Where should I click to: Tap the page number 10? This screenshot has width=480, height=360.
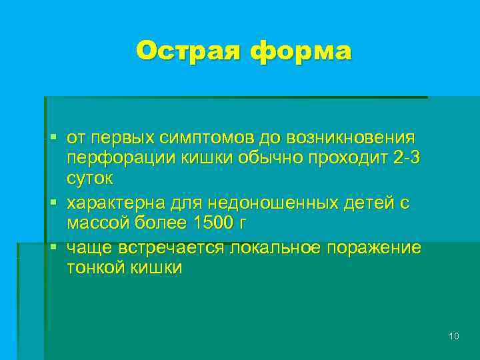[x=454, y=336]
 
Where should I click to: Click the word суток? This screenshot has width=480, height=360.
[x=90, y=179]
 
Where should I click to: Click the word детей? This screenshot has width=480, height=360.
[x=365, y=203]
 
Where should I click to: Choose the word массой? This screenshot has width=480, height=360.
[x=97, y=223]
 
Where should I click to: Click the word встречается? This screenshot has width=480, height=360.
[x=173, y=247]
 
